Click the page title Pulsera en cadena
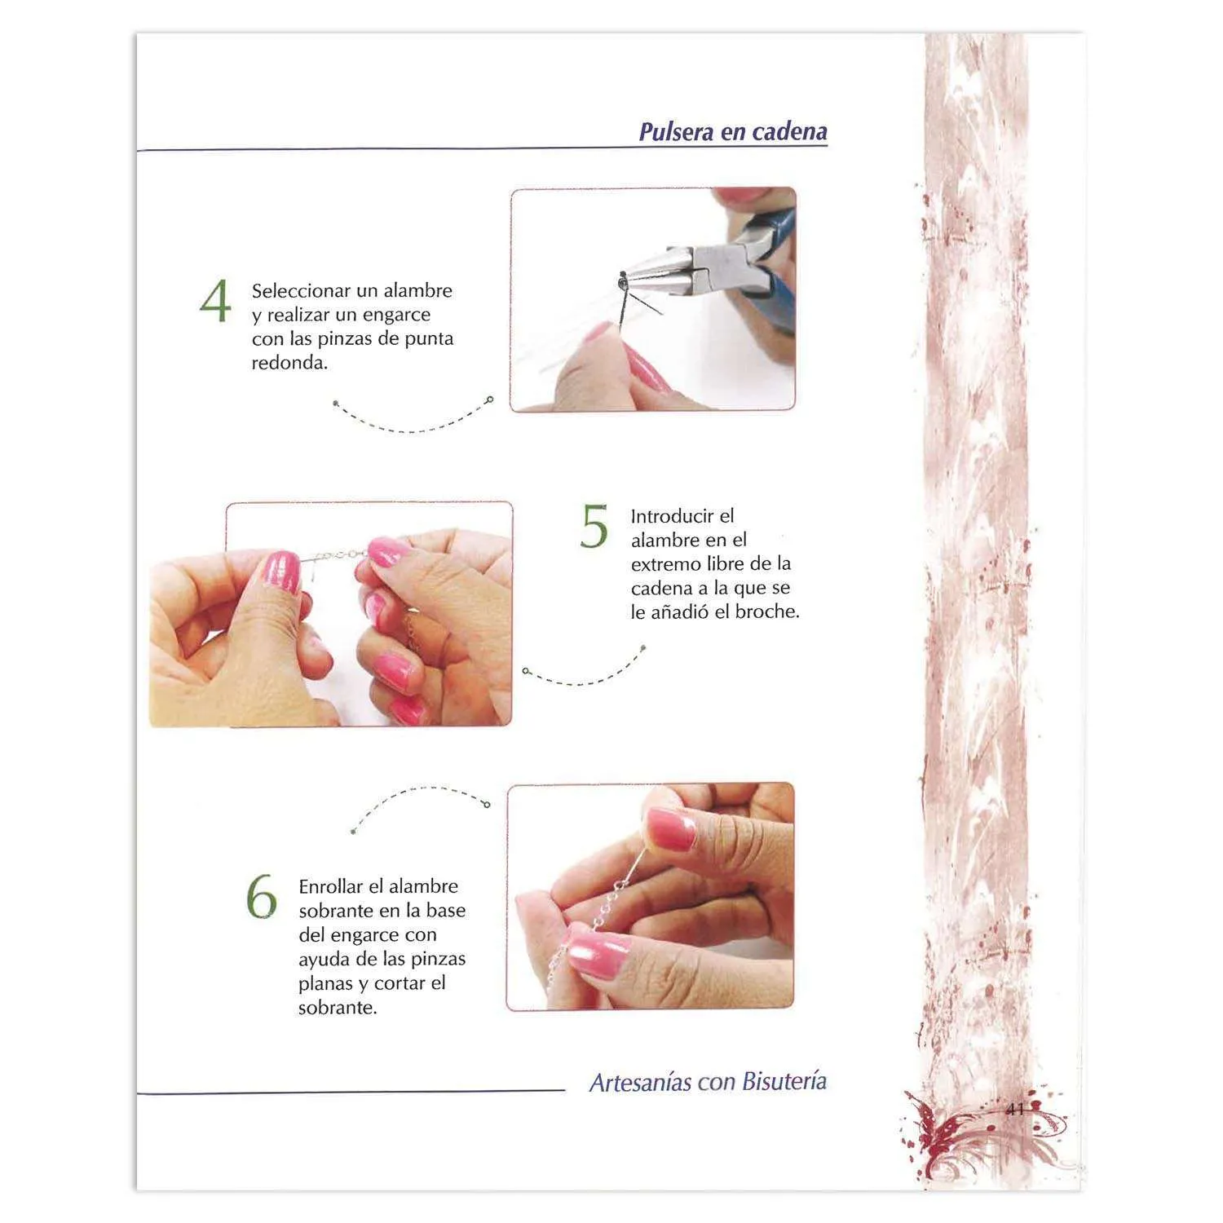733,131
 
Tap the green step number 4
215,302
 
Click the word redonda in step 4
289,363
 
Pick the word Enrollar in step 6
330,886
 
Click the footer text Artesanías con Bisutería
708,1082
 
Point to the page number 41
1014,1109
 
